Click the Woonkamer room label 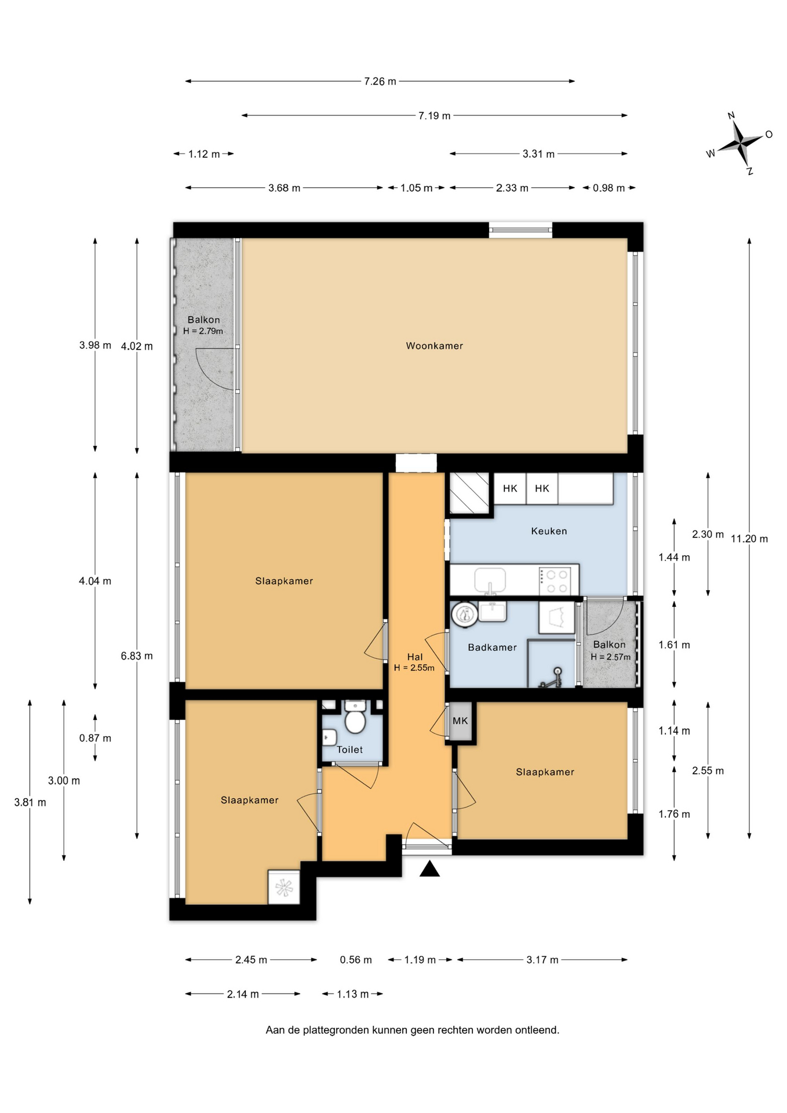(434, 346)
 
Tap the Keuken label (549, 531)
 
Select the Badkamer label (492, 648)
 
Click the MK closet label (460, 721)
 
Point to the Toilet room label (350, 750)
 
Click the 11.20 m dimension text (749, 539)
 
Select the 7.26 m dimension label (380, 82)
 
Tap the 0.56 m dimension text (356, 960)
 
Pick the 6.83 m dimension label (137, 656)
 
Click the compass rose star (741, 143)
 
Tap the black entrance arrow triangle (429, 869)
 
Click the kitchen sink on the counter (490, 580)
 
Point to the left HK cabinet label (510, 489)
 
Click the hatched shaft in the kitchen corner (469, 493)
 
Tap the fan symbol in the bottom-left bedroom (284, 888)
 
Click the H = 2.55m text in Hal (414, 668)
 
